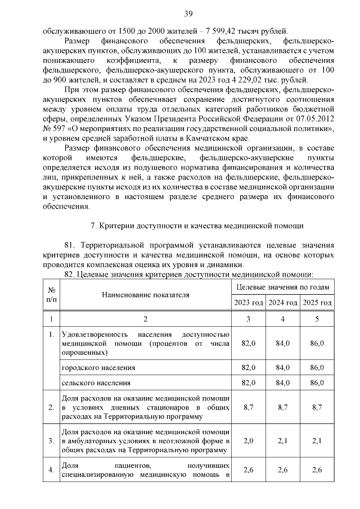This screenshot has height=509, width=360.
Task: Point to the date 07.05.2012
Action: click(315, 119)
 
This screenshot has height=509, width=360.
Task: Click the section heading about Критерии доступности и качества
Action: click(197, 226)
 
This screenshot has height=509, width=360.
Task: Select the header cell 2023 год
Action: click(249, 303)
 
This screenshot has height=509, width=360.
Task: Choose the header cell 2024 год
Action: click(283, 303)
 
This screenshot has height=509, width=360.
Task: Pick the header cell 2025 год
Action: click(317, 303)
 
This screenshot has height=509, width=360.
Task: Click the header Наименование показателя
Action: click(146, 294)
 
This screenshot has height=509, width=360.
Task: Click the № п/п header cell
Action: click(52, 294)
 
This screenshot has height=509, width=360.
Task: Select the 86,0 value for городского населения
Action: click(317, 367)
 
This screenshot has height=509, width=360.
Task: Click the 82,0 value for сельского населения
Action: click(249, 382)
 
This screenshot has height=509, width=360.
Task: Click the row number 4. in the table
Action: click(52, 470)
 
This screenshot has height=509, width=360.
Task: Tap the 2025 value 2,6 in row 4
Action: click(317, 470)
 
